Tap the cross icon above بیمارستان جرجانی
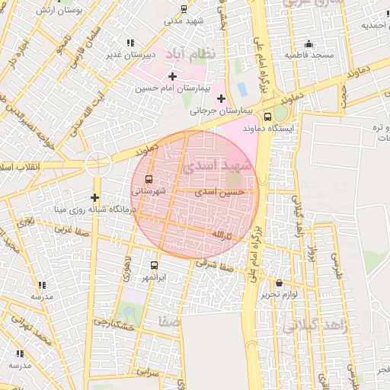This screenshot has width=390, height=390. pos(222,98)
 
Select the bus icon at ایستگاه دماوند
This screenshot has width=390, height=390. pos(267,117)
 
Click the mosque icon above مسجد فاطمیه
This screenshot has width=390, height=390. pos(308,43)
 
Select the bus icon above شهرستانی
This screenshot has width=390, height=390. pos(148,180)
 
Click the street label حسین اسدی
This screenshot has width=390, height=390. pos(220,193)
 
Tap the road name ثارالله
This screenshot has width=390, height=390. pos(220,232)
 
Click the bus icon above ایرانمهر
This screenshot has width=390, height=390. pos(155,266)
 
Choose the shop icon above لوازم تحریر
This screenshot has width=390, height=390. pos(279,283)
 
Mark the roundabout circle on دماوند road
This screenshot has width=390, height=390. pos(97,162)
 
